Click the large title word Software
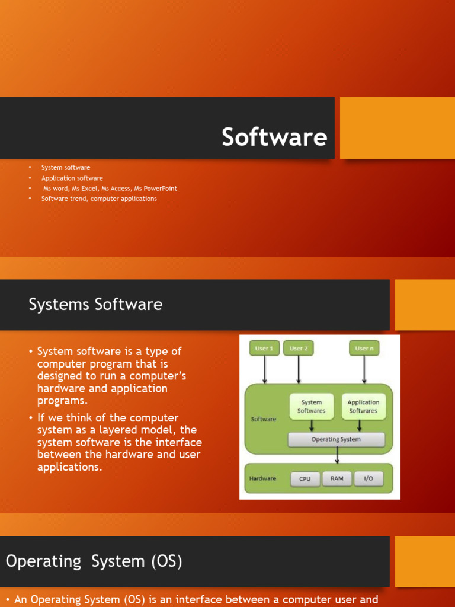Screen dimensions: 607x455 tap(274, 137)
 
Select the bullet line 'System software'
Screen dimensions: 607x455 tap(66, 168)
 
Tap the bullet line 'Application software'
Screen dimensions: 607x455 tap(72, 178)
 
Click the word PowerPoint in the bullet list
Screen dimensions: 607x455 tap(160, 189)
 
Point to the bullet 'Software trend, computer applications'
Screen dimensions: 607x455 tap(99, 199)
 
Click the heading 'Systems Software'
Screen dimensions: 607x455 tap(95, 305)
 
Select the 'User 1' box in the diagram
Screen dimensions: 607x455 tap(264, 349)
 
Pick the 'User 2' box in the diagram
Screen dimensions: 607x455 tap(299, 349)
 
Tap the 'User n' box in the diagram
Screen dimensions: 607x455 tap(364, 349)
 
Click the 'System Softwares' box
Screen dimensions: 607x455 tap(311, 407)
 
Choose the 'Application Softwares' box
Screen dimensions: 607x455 tap(363, 407)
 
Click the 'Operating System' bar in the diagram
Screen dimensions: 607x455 tap(336, 439)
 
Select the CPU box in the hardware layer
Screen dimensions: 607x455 tap(305, 479)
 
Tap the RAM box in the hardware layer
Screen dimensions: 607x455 tap(337, 479)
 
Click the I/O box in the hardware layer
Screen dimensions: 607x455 tap(369, 479)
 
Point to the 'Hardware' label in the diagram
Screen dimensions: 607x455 tap(262, 479)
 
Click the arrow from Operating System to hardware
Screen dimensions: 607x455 tap(337, 455)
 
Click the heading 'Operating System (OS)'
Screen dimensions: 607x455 tap(94, 561)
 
